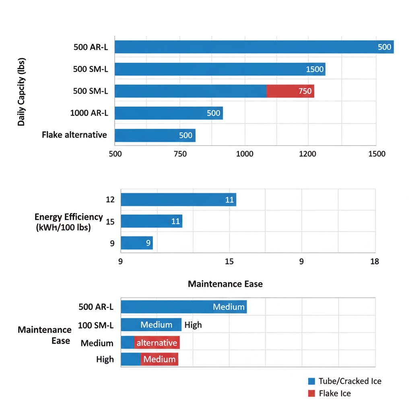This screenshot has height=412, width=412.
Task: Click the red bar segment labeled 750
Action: point(290,91)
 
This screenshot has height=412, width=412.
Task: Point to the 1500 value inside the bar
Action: point(315,69)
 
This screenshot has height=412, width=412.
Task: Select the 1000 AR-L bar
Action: point(169,113)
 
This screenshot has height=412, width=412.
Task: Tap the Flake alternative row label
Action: point(74,135)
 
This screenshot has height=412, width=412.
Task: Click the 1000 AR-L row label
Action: point(89,113)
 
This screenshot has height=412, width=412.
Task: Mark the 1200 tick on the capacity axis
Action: point(308,154)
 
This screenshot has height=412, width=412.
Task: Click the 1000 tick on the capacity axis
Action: point(245,154)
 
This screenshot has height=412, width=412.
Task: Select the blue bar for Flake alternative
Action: point(155,135)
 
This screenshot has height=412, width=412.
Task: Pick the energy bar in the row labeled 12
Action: point(178,200)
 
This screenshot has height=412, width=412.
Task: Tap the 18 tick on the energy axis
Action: point(374,262)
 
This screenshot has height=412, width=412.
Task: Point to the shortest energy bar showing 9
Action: point(137,243)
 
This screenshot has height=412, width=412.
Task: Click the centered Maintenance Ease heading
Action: point(225,284)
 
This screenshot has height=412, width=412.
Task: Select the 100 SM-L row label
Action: point(96,325)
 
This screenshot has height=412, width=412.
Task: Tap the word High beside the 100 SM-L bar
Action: point(193,325)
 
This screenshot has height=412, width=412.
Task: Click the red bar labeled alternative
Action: point(157,343)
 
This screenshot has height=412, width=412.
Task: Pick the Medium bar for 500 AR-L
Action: point(183,307)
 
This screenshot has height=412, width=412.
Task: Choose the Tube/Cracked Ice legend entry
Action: point(345,381)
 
